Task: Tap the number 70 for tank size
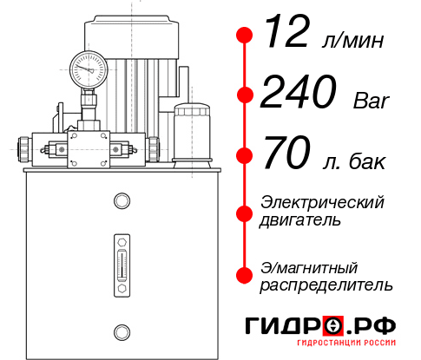click(x=284, y=156)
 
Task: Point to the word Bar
click(x=372, y=100)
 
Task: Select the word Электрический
click(x=322, y=202)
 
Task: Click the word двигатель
click(x=300, y=219)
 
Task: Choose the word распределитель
click(x=326, y=285)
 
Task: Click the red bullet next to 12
click(x=245, y=35)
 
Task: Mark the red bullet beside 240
click(x=245, y=95)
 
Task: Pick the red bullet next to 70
click(x=245, y=156)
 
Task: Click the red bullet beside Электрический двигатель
click(x=245, y=211)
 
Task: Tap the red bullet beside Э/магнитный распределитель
click(x=245, y=275)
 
